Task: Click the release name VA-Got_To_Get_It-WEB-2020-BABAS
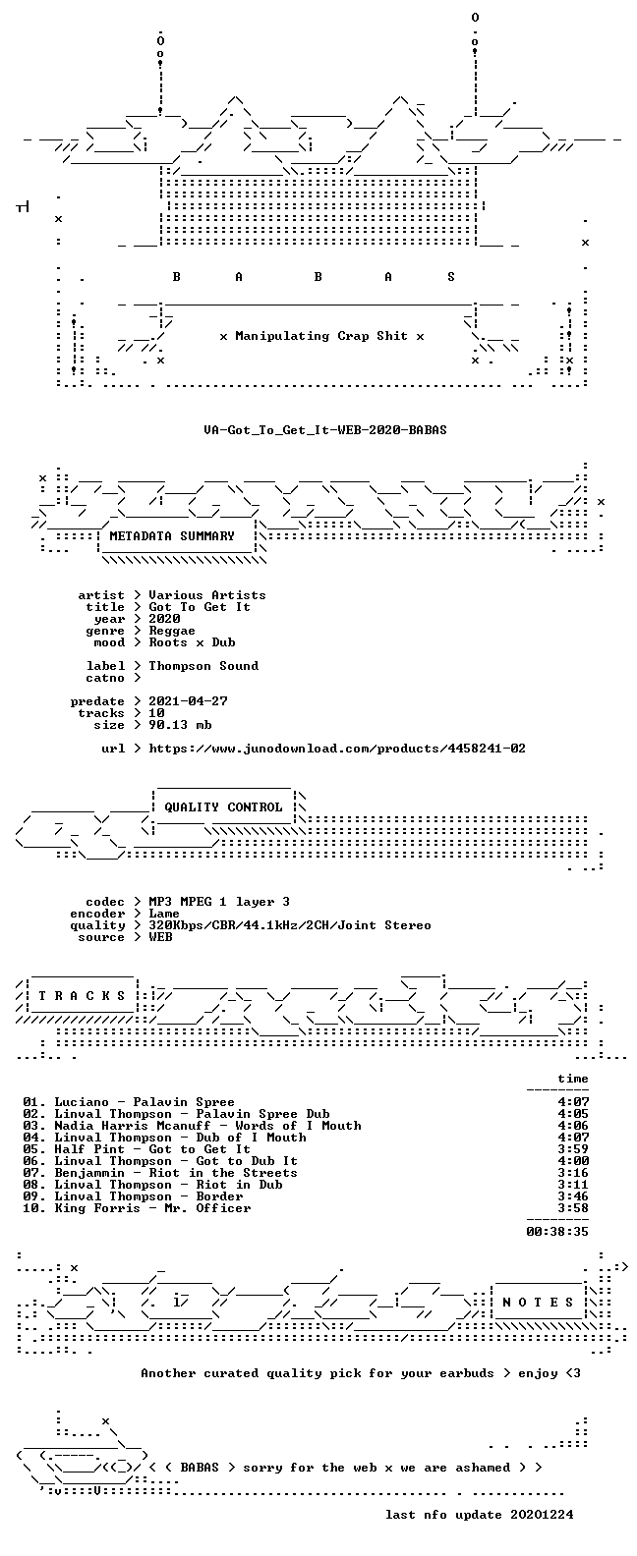tap(324, 430)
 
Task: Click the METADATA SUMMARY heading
tap(172, 535)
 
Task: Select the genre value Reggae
tap(172, 631)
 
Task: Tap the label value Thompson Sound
tap(203, 666)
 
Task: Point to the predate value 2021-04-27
tap(188, 701)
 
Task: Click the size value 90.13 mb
tap(180, 725)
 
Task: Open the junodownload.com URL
tap(337, 749)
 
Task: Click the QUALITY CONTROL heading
tap(223, 807)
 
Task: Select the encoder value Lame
tap(164, 914)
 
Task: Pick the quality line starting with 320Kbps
tap(290, 925)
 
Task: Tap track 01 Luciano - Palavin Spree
tap(129, 1102)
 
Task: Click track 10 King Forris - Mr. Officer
tap(137, 1208)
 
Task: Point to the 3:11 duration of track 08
tap(573, 1185)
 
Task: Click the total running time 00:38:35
tap(557, 1232)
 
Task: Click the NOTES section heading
tap(539, 1303)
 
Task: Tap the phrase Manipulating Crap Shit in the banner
tap(321, 336)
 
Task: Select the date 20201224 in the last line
tap(542, 1515)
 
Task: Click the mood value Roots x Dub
tap(192, 642)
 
